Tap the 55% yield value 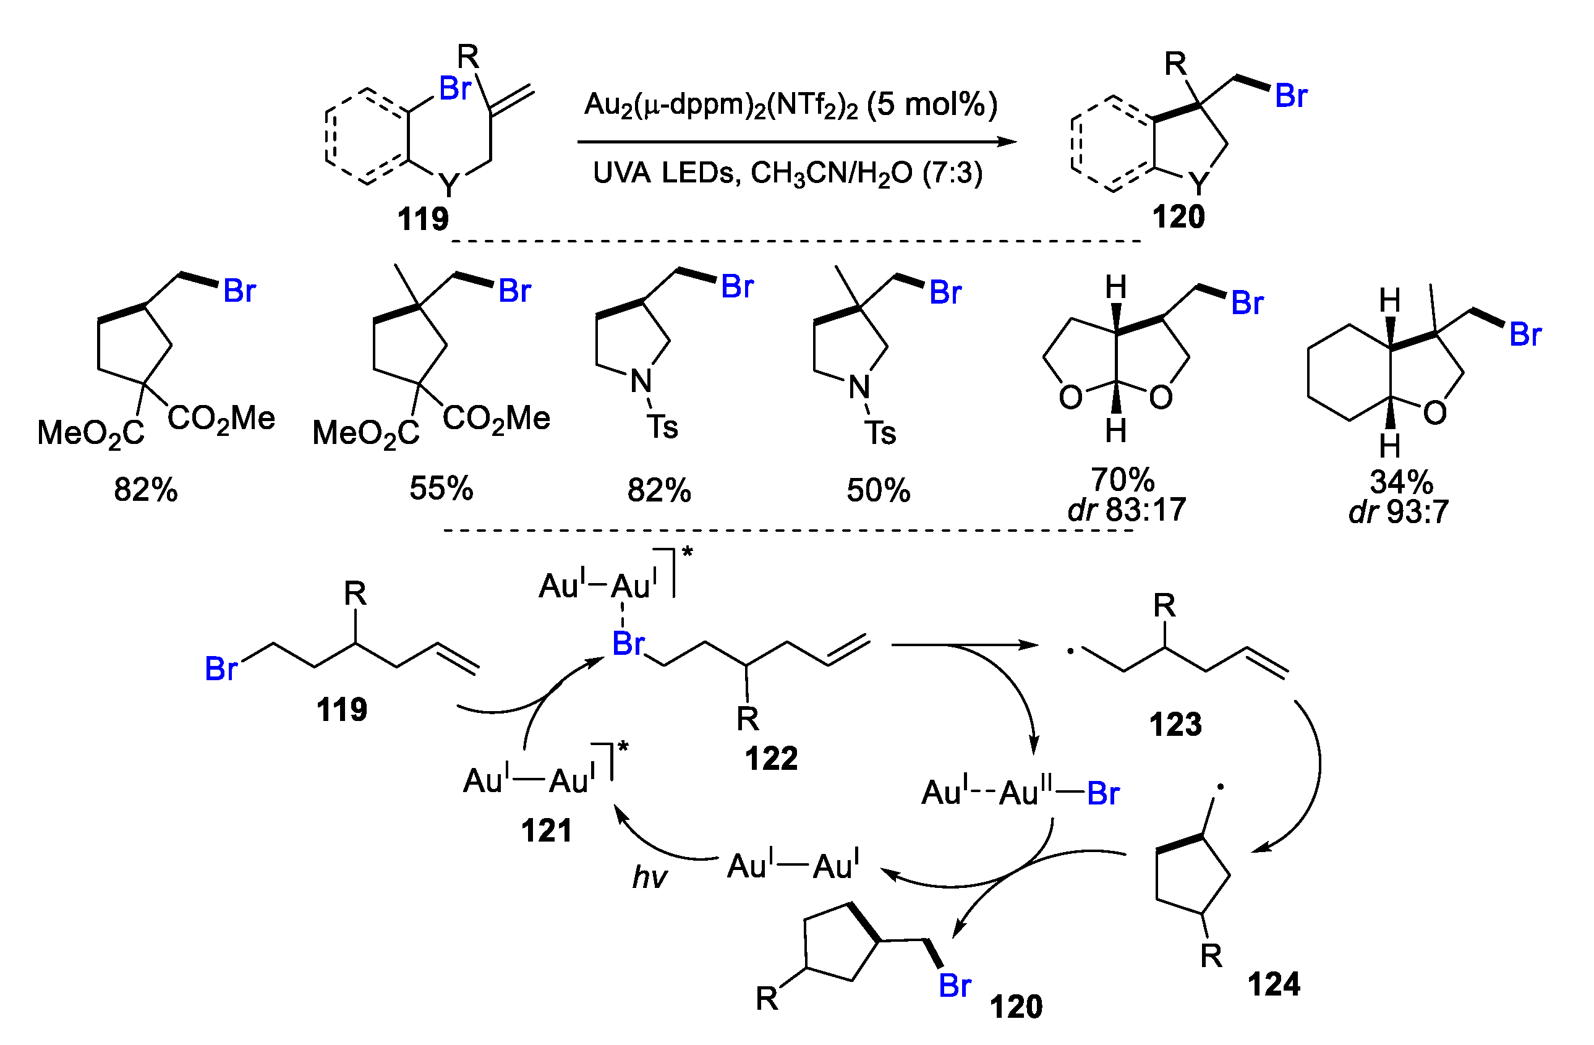tap(441, 488)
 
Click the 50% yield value tap(878, 490)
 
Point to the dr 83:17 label tap(1127, 510)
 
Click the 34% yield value tap(1401, 481)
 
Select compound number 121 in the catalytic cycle tap(547, 830)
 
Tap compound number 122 tap(772, 759)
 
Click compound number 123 tap(1175, 725)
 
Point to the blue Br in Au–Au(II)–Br tap(1103, 794)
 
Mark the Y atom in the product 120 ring tap(1199, 182)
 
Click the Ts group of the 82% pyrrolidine tap(662, 427)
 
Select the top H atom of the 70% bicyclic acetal tap(1116, 288)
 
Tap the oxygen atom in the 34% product tap(1434, 413)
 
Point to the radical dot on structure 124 tap(1221, 788)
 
